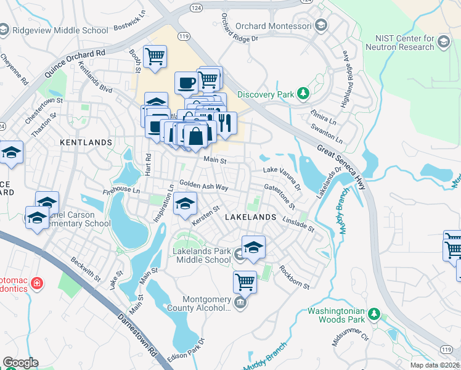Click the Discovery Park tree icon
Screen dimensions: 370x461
tap(303, 94)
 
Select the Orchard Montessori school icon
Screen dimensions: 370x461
tap(320, 25)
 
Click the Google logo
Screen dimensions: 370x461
tap(20, 363)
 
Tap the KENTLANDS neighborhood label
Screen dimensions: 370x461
tap(86, 142)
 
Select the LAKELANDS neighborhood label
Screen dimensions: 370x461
tap(250, 218)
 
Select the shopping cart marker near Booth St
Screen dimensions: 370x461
tap(155, 56)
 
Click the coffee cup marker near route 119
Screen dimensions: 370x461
tap(186, 82)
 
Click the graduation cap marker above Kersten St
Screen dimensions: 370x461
tap(184, 203)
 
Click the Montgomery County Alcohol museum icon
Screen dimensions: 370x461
tap(240, 303)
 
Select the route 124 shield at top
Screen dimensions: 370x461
tap(195, 6)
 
